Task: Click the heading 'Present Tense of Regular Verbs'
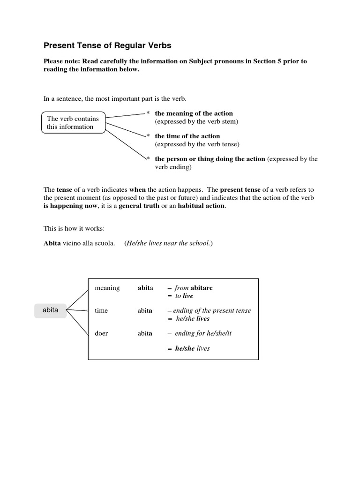pos(107,45)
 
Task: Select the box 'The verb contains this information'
pos(73,123)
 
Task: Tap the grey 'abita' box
pos(50,310)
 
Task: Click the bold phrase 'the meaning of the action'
pos(194,113)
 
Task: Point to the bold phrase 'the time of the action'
pos(187,136)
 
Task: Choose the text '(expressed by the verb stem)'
pos(197,121)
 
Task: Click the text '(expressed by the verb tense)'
pos(197,144)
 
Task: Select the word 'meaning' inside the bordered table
pos(107,288)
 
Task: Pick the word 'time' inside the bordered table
pos(101,310)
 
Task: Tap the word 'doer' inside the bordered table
pos(101,333)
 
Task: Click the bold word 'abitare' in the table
pos(201,288)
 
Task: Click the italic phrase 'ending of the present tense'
pos(212,310)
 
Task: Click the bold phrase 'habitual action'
pos(202,206)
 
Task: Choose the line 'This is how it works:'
pos(74,228)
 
